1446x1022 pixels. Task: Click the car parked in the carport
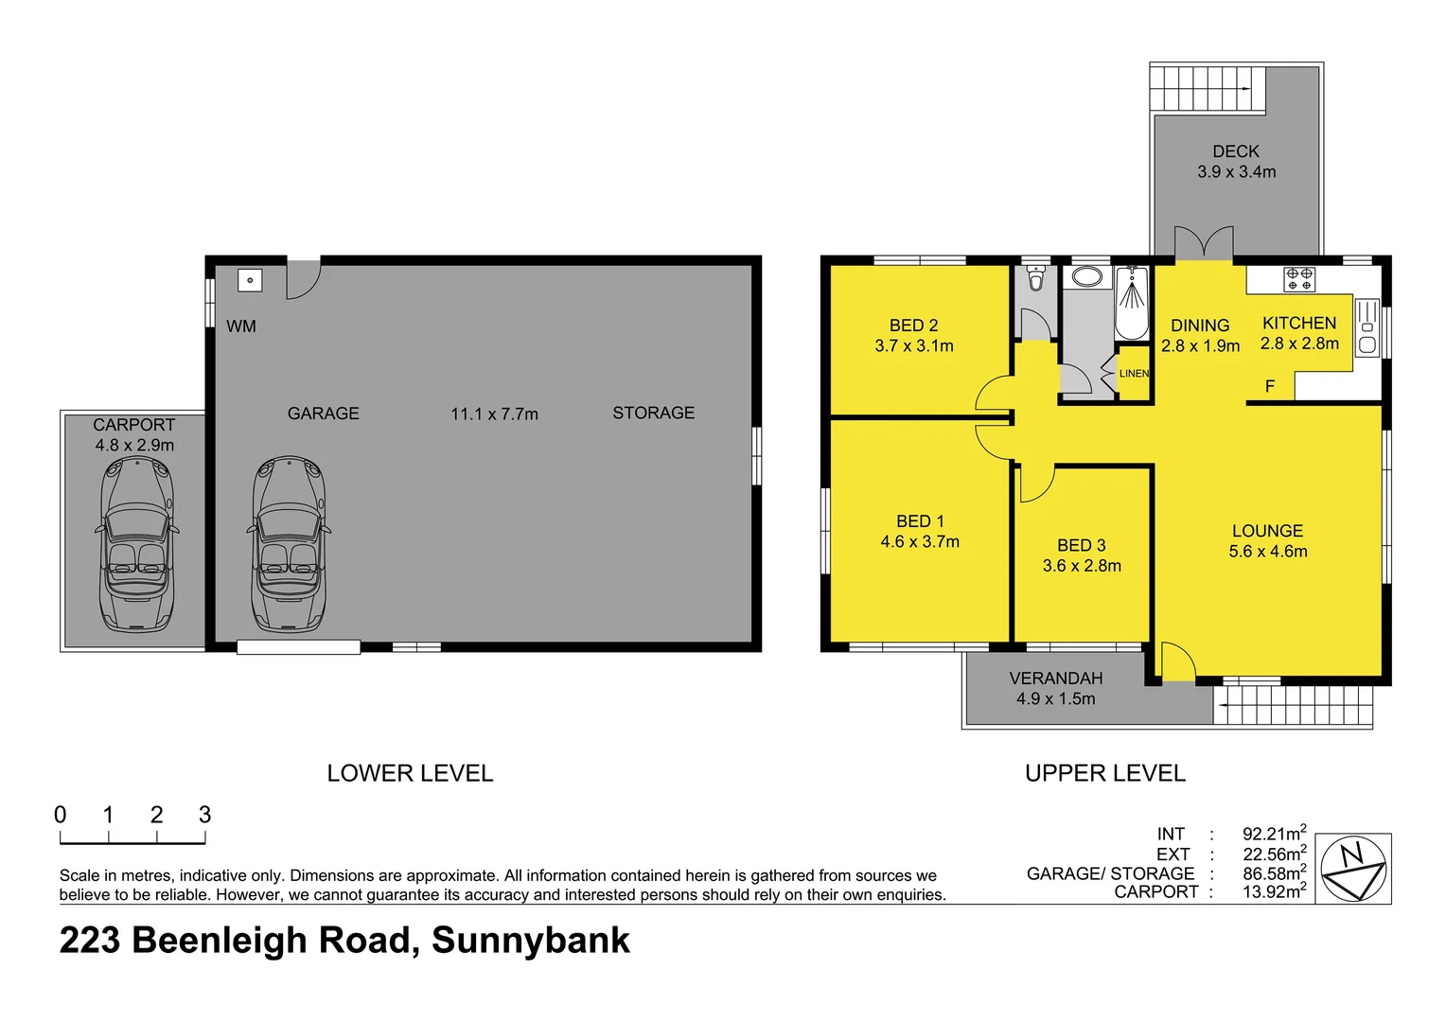click(136, 543)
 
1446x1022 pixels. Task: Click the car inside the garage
click(290, 543)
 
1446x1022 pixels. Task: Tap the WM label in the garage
click(241, 326)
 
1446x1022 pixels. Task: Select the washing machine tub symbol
click(250, 280)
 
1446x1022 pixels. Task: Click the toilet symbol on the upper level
click(1035, 278)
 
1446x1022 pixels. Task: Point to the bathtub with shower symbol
click(1131, 303)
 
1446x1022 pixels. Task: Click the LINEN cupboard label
click(1134, 374)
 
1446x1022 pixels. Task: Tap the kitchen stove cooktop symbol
click(1299, 279)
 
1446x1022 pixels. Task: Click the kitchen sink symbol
click(1367, 327)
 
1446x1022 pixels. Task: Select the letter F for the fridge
click(1270, 386)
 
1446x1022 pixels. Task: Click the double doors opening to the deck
click(1204, 243)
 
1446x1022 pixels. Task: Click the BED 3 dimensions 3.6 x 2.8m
click(1082, 566)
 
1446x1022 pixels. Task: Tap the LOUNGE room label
click(1267, 531)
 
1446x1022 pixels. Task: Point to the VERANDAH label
click(1056, 678)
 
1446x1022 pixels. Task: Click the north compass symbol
click(1353, 868)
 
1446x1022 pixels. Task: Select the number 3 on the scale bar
click(204, 815)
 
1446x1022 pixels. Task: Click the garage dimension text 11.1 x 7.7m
click(494, 414)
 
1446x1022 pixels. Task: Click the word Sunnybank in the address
click(531, 941)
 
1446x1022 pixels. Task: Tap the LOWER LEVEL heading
click(410, 773)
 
